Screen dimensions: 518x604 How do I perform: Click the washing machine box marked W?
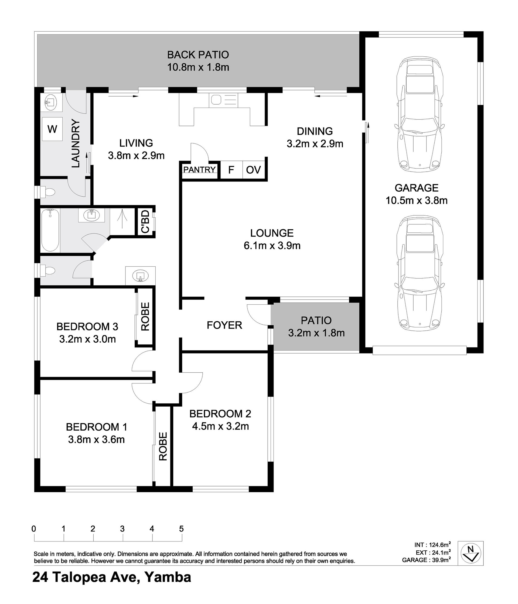pos(52,129)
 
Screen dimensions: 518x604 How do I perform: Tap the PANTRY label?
pos(199,169)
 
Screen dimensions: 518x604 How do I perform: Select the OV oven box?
pos(253,170)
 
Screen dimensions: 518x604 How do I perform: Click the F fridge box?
pos(231,170)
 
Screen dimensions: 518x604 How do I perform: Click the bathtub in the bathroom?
pos(50,230)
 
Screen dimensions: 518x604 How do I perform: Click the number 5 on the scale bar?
pos(181,528)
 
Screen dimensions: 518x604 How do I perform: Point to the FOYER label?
pos(224,325)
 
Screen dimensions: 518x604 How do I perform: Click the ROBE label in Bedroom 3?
pos(145,316)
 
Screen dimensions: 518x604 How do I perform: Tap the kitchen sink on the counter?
pos(223,100)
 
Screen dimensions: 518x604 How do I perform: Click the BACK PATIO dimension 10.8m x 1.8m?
pos(198,67)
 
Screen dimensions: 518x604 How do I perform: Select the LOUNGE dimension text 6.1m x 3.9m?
pos(272,246)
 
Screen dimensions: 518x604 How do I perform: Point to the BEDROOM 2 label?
pos(220,414)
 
